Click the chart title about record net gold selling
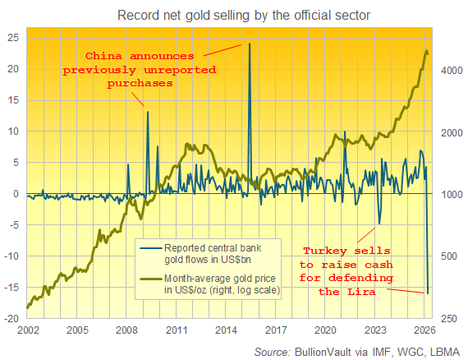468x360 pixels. pos(232,16)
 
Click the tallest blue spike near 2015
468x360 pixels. pos(250,44)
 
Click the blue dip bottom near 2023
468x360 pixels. pos(379,224)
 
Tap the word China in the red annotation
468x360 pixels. pos(107,57)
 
